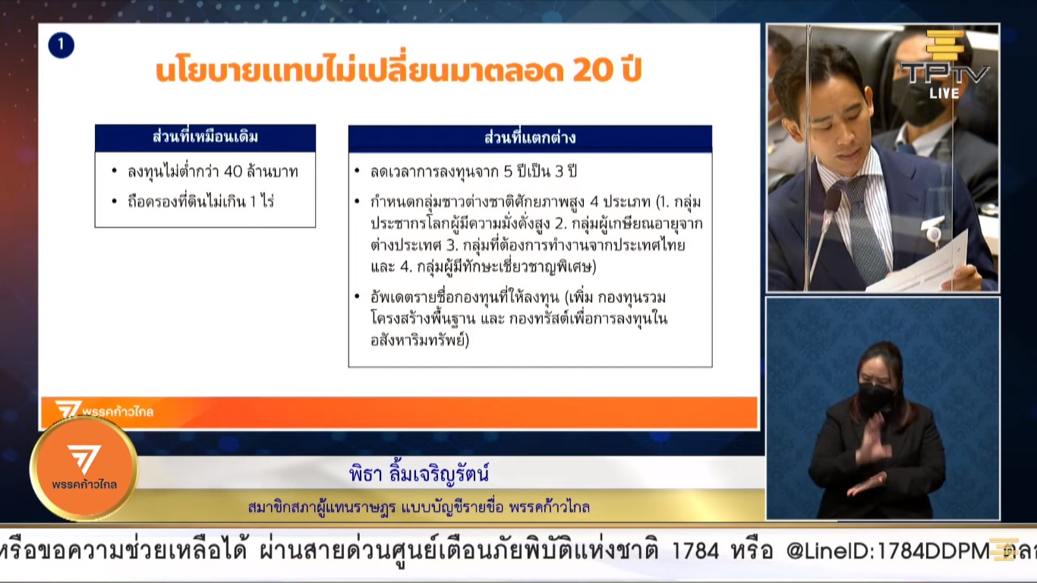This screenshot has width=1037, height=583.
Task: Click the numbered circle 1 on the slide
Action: [61, 46]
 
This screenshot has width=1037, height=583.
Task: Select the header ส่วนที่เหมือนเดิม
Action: [205, 137]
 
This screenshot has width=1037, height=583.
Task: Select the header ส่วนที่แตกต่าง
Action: [529, 138]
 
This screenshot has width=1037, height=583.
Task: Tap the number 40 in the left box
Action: [233, 172]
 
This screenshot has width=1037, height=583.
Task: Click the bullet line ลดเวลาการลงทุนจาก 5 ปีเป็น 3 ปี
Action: [474, 172]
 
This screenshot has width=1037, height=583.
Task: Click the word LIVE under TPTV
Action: [944, 93]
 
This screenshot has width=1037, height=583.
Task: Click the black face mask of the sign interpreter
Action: [875, 398]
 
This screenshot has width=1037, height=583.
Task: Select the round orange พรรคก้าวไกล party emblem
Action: [84, 468]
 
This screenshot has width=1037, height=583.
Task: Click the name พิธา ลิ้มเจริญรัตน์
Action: [418, 474]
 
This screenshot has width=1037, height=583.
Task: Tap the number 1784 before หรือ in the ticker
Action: [695, 551]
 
